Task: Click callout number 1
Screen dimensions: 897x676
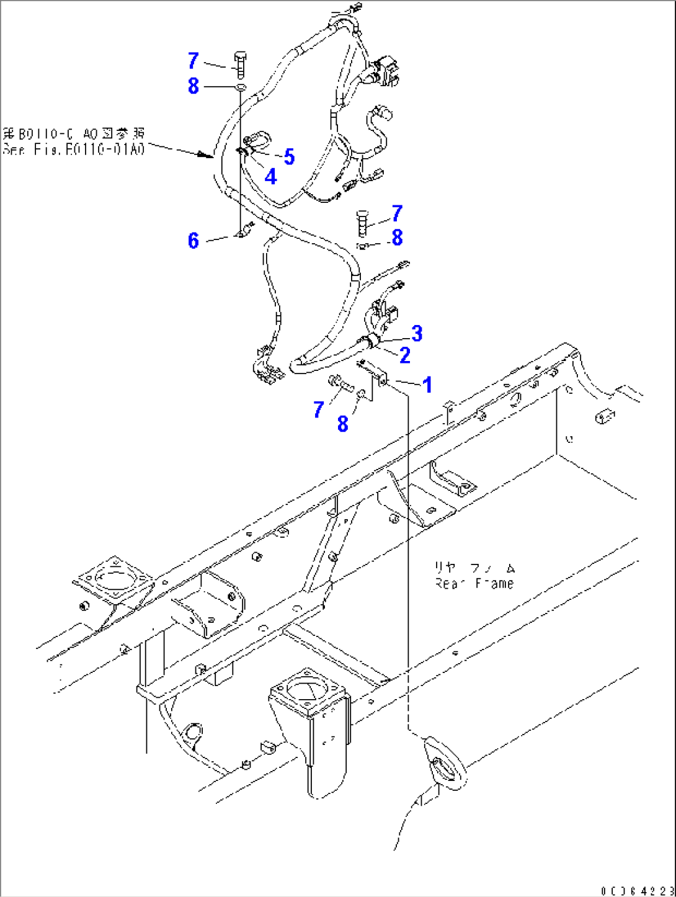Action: (427, 385)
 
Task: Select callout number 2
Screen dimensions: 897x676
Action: (405, 355)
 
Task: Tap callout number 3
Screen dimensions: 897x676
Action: (417, 333)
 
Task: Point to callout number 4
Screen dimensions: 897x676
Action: (270, 177)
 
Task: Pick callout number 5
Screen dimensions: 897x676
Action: (289, 157)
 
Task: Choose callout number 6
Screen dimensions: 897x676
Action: (193, 240)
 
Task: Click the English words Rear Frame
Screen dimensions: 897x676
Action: (474, 584)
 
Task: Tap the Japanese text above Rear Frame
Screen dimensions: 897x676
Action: (474, 568)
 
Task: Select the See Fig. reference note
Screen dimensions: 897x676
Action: (73, 141)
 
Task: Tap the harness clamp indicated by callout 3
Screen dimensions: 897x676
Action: (370, 341)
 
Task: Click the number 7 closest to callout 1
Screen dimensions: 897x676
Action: (319, 409)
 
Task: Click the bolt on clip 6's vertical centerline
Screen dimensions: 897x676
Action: (241, 63)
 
